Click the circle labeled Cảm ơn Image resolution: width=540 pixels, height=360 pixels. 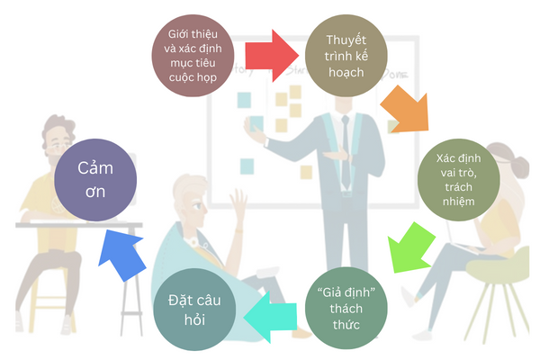click(97, 178)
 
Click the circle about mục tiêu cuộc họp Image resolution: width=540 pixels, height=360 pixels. click(193, 58)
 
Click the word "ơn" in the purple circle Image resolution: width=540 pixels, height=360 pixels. click(97, 192)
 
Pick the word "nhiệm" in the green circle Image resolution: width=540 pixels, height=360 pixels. click(460, 202)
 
